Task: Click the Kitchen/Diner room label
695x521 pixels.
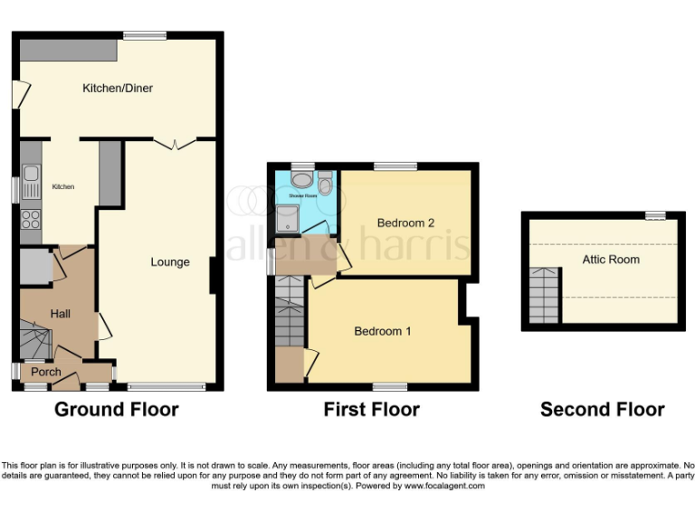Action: tap(118, 89)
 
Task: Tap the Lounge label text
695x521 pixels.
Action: tap(170, 262)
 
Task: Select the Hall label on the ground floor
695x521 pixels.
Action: tap(61, 314)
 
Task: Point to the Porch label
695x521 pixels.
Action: tap(46, 372)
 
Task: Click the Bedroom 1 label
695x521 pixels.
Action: tap(382, 331)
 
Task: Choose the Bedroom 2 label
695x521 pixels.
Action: tap(406, 223)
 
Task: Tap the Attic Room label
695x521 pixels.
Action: tap(611, 260)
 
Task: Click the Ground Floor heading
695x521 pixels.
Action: tap(116, 410)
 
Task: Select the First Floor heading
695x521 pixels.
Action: tap(371, 410)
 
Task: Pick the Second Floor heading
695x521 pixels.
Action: tap(602, 410)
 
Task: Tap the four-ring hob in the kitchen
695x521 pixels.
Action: tap(31, 218)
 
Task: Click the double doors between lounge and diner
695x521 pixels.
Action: tap(173, 143)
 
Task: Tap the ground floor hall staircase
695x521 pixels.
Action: tap(36, 344)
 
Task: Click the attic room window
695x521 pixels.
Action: tap(655, 215)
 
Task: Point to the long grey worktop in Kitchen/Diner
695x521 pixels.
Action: tap(69, 50)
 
